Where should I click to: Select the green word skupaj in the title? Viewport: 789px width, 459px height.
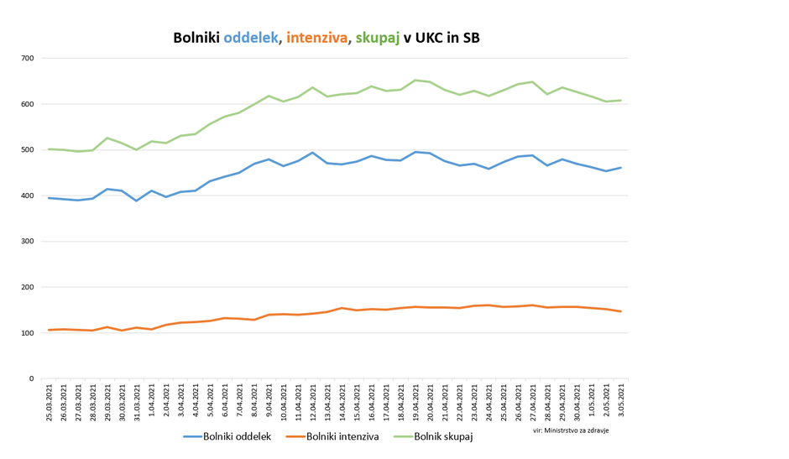(377, 39)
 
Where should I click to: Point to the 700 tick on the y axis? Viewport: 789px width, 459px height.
(28, 59)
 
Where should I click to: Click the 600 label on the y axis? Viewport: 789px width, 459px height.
(28, 104)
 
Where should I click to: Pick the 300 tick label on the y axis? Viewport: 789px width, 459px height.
(28, 242)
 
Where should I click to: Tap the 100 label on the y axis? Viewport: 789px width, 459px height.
(28, 333)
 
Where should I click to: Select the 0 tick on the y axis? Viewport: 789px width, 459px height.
(32, 379)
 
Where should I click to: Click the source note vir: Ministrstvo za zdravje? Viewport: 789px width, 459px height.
(571, 430)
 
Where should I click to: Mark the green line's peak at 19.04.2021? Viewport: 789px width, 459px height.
(415, 81)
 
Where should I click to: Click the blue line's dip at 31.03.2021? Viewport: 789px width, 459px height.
(137, 201)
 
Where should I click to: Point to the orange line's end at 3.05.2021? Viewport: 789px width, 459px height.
(620, 311)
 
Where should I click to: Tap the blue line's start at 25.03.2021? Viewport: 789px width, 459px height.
(50, 198)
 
